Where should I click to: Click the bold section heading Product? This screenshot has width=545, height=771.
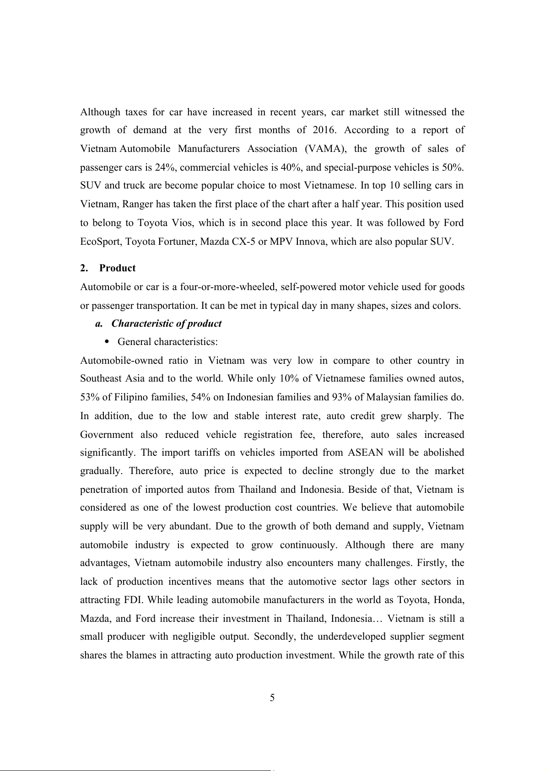[x=117, y=268]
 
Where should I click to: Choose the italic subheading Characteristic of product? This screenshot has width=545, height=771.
[x=166, y=323]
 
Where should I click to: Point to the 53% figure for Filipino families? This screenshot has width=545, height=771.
[x=90, y=397]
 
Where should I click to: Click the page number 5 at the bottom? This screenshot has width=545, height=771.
[x=272, y=698]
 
